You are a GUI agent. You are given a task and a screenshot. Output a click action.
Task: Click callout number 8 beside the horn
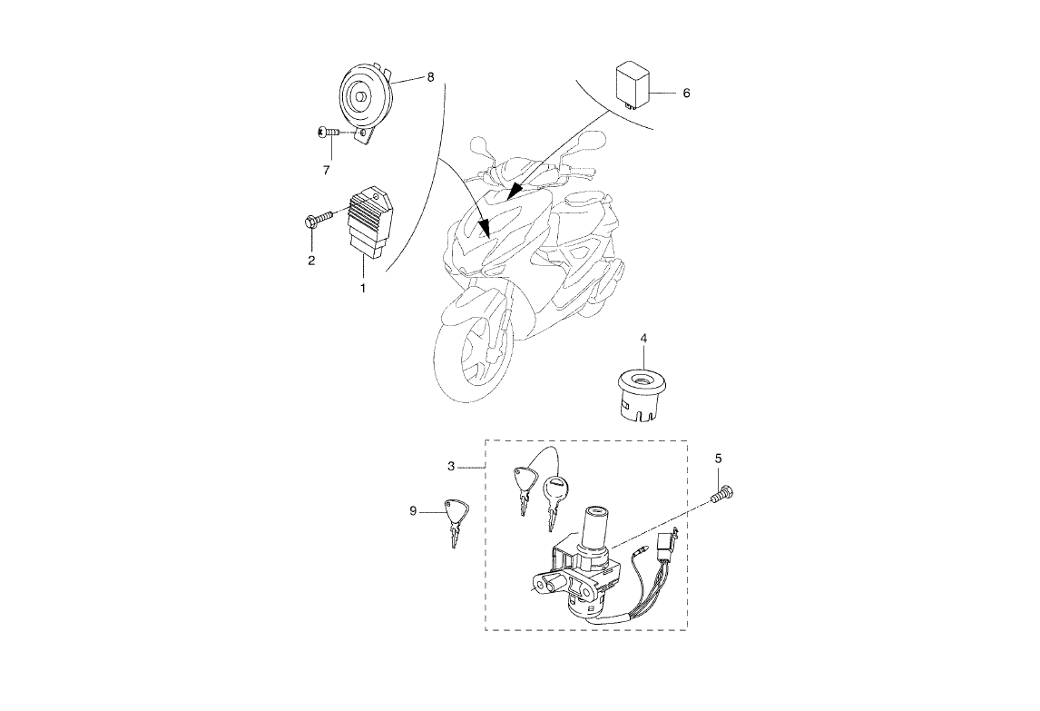pos(430,77)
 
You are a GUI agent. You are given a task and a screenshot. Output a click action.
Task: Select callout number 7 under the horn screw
pos(326,169)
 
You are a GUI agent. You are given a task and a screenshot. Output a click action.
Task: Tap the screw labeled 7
pos(329,133)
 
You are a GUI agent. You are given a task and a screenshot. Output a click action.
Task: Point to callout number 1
pos(362,288)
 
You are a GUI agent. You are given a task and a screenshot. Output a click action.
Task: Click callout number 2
pos(311,261)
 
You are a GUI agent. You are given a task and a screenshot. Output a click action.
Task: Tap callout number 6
pos(686,94)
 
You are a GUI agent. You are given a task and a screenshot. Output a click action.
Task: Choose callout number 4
pos(643,338)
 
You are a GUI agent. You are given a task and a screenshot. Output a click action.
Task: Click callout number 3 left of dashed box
pos(451,466)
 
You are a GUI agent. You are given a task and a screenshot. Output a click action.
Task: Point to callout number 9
pos(413,512)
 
